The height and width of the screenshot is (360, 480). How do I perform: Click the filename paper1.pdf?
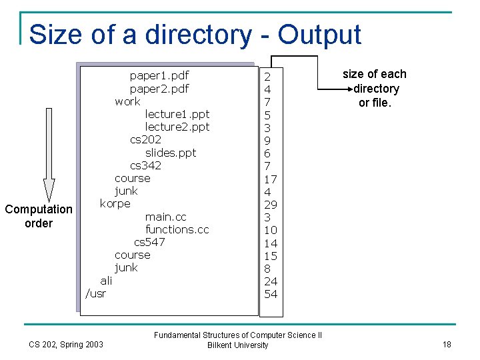click(x=159, y=75)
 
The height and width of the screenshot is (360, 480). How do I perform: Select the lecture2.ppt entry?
click(x=177, y=127)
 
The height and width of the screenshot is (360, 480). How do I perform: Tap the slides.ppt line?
click(x=171, y=153)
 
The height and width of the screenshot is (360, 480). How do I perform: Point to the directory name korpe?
click(x=115, y=203)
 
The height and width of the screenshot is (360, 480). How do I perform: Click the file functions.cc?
click(x=177, y=229)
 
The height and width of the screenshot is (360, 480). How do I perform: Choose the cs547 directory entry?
click(x=149, y=242)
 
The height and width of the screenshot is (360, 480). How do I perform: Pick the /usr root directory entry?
click(x=96, y=293)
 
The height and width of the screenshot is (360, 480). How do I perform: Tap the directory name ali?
click(x=106, y=281)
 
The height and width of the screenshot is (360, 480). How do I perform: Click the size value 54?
click(x=271, y=294)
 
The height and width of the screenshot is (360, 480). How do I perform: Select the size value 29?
click(x=271, y=205)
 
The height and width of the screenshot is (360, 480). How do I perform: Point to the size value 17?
click(x=271, y=179)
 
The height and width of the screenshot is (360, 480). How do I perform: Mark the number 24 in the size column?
click(x=271, y=281)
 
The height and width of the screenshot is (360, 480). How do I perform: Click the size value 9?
click(x=267, y=141)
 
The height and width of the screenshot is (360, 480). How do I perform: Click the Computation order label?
click(x=39, y=216)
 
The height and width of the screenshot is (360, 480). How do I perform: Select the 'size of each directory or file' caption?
click(x=374, y=88)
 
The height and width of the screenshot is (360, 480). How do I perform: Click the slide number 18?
click(x=447, y=344)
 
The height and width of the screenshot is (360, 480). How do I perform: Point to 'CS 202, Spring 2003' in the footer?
click(x=67, y=344)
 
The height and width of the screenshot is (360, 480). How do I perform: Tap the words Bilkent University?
click(x=238, y=345)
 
